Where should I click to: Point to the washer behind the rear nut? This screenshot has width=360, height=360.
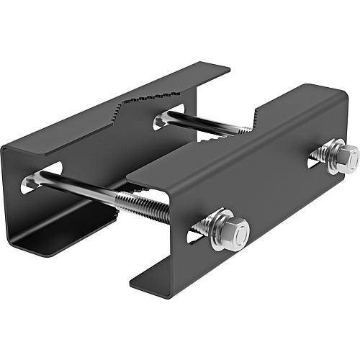point(328,153)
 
